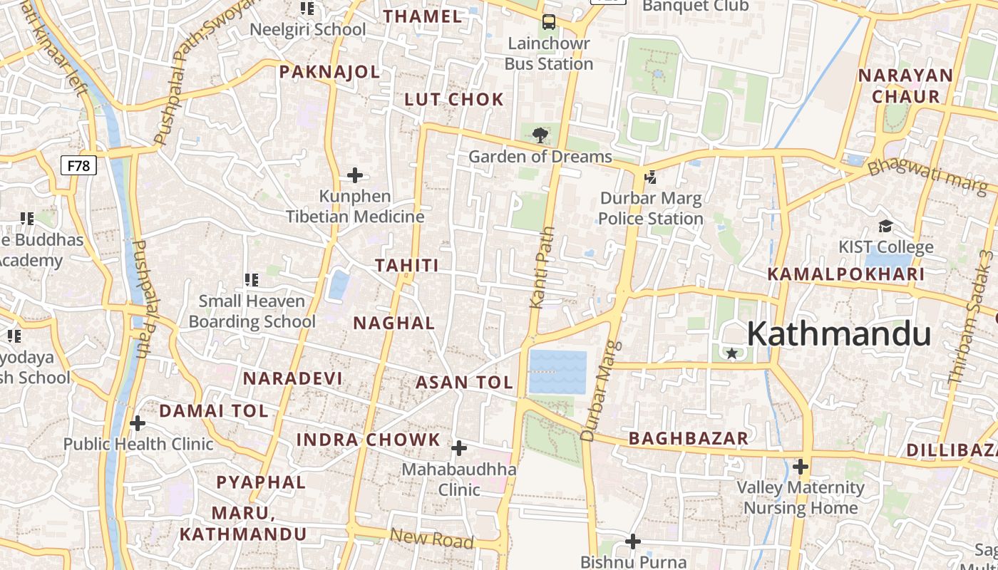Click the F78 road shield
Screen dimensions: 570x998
pyautogui.click(x=78, y=166)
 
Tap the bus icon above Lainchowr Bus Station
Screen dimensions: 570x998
pyautogui.click(x=548, y=22)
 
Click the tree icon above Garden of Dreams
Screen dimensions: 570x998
pyautogui.click(x=540, y=134)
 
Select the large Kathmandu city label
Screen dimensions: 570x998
pyautogui.click(x=839, y=334)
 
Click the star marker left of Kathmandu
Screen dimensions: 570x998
pyautogui.click(x=731, y=353)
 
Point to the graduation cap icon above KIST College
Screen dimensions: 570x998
pyautogui.click(x=885, y=227)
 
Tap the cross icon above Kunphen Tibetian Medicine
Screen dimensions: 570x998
pyautogui.click(x=354, y=175)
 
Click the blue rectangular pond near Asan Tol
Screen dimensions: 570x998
pyautogui.click(x=557, y=372)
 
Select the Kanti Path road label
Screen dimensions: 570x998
pyautogui.click(x=540, y=267)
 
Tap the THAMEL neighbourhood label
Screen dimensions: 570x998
pyautogui.click(x=423, y=16)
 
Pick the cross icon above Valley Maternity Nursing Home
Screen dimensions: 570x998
pyautogui.click(x=801, y=467)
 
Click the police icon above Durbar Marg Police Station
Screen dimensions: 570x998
pyautogui.click(x=650, y=177)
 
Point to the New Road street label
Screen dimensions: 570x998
pyautogui.click(x=432, y=539)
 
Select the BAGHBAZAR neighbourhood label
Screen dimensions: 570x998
pyautogui.click(x=689, y=438)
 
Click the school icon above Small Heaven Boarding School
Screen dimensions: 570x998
pyautogui.click(x=251, y=280)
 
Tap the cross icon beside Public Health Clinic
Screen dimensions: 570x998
pyautogui.click(x=138, y=424)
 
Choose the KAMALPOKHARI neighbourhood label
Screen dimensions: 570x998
pyautogui.click(x=845, y=274)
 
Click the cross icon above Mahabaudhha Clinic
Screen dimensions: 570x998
pyautogui.click(x=459, y=448)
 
